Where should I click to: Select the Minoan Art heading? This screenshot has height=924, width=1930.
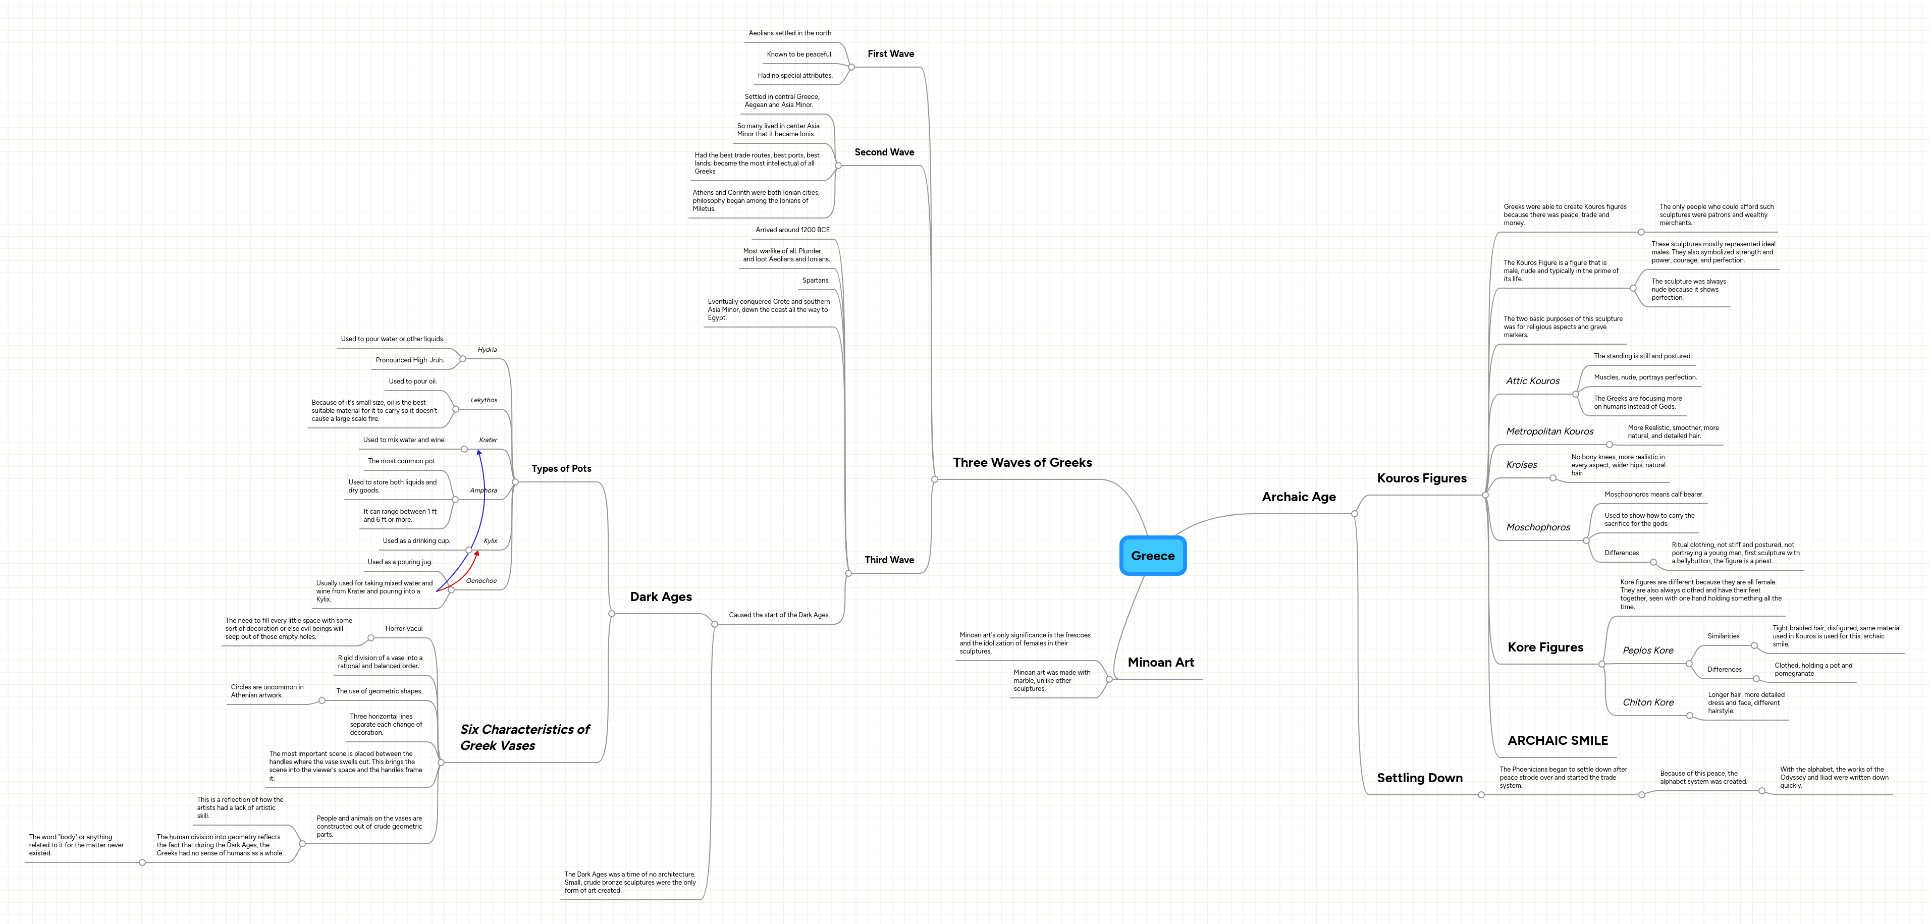coord(1160,663)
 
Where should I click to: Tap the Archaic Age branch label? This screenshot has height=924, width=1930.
coord(1299,497)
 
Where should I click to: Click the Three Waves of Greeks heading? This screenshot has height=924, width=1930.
coord(1022,462)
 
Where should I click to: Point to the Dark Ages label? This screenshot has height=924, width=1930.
coord(660,596)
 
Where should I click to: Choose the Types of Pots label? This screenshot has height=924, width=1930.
coord(561,468)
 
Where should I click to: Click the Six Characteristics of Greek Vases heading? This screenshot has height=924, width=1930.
coord(524,737)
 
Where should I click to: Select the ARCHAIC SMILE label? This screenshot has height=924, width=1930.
coord(1557,740)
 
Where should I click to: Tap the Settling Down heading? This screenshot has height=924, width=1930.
coord(1419,778)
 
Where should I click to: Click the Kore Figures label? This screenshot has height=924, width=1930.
coord(1545,647)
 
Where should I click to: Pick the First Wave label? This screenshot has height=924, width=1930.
coord(890,54)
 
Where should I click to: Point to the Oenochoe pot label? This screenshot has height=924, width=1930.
coord(481,581)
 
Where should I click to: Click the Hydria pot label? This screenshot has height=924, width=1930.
coord(487,350)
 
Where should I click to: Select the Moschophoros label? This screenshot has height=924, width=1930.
coord(1537,527)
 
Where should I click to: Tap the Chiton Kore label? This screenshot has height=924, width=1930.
coord(1647,702)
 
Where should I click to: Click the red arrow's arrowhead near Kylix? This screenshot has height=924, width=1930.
coord(477,553)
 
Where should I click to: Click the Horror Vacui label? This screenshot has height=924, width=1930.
coord(404,629)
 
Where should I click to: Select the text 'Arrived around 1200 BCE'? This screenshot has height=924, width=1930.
coord(792,230)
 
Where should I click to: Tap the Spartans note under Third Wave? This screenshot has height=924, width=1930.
coord(815,280)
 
